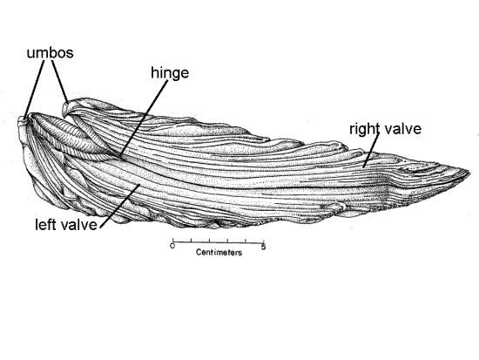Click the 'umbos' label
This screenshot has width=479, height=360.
51,52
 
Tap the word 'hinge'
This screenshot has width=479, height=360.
170,73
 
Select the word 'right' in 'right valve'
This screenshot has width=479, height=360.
364,129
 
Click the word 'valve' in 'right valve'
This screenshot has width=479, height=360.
402,128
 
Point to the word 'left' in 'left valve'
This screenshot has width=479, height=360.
46,225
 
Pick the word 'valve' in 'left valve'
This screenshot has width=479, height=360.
79,225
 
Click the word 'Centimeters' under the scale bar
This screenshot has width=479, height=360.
219,252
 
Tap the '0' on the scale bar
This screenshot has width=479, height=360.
172,246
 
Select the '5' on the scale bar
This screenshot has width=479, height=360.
263,247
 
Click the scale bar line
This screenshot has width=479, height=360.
219,242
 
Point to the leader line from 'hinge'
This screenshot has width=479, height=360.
144,119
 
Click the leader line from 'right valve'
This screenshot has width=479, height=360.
371,150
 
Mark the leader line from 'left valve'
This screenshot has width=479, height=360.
120,206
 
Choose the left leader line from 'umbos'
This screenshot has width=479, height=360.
34,89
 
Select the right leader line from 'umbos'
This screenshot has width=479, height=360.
60,82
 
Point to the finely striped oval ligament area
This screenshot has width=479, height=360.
68,134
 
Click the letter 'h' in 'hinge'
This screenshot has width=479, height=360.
154,72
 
